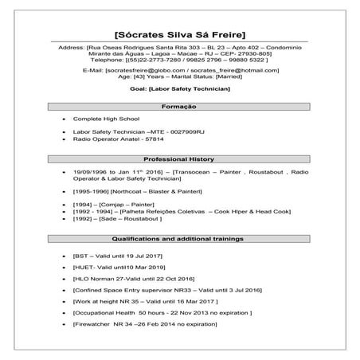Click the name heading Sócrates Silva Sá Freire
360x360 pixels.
coord(179,34)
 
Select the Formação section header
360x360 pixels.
coord(179,107)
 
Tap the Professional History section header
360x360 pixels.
coord(179,159)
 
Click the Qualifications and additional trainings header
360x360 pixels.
coord(179,238)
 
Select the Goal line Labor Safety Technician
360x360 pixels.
coord(179,91)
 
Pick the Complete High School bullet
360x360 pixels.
coord(100,119)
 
